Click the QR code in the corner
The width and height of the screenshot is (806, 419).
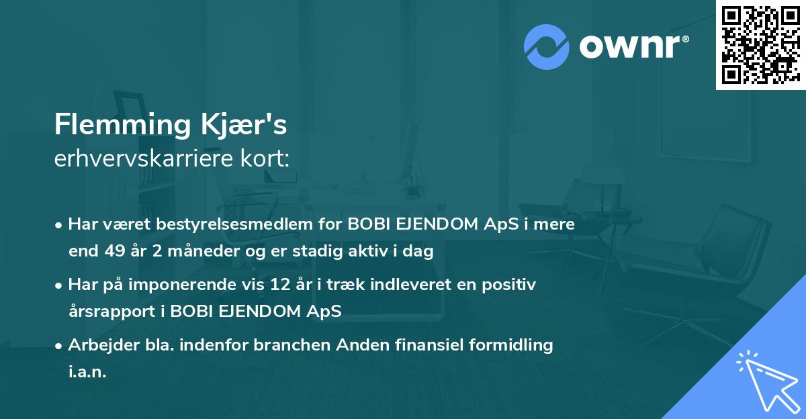point(760,45)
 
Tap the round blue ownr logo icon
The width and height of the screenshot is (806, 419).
point(546,47)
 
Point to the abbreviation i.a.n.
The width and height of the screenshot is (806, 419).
point(87,372)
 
